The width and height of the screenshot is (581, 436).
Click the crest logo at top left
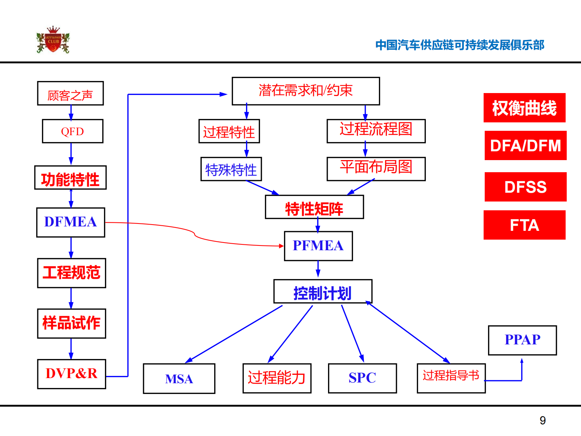(x=53, y=40)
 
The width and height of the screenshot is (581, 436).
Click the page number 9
(x=542, y=420)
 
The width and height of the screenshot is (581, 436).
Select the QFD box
(x=72, y=131)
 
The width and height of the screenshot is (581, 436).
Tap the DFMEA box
(x=71, y=222)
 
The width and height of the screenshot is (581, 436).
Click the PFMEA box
(x=318, y=246)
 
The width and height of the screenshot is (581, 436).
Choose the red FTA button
(x=524, y=225)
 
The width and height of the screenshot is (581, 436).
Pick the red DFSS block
(x=525, y=187)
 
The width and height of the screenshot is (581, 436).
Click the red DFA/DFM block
(x=525, y=145)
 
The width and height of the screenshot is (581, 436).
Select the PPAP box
(x=522, y=340)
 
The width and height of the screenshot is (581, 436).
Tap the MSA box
(x=179, y=378)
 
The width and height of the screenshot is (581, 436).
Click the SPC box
(x=362, y=378)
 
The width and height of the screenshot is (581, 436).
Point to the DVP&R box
(x=71, y=374)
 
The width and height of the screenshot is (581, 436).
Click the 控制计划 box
(x=323, y=292)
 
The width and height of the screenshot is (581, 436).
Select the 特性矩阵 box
(x=314, y=207)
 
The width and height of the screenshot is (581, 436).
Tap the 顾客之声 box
(x=70, y=94)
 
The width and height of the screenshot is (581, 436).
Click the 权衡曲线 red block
(x=524, y=108)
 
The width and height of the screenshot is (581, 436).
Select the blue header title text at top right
(x=459, y=45)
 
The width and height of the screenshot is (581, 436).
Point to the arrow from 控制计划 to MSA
(x=234, y=333)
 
